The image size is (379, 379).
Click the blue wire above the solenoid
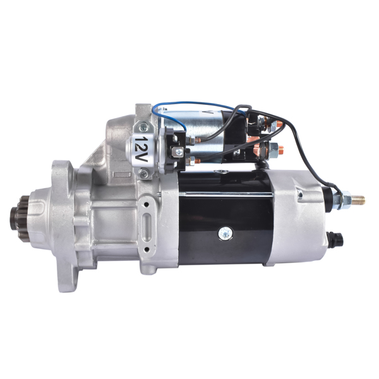[x=189, y=102]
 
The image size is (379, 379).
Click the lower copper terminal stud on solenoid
[x=280, y=150]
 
